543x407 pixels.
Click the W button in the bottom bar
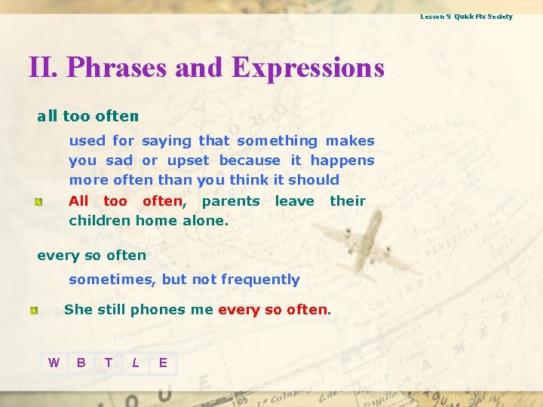coord(54,363)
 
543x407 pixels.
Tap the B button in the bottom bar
coord(81,363)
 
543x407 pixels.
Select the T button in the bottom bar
coord(108,363)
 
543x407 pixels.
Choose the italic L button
coord(135,363)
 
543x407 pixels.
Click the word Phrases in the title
coord(117,68)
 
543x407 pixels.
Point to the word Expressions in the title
coord(308,68)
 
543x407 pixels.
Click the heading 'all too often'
coord(87,117)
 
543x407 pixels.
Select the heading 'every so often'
coord(91,255)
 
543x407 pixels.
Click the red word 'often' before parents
coord(162,200)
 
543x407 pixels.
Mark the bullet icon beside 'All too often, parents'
coord(36,201)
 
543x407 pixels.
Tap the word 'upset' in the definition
coord(188,160)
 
